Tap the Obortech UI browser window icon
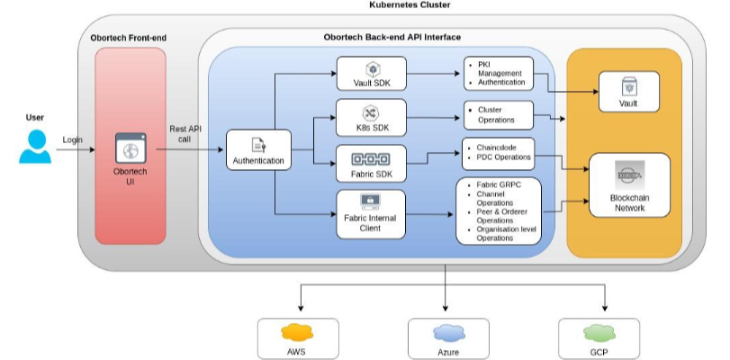(131, 148)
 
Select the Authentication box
(258, 149)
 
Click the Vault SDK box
(372, 74)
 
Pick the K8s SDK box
(371, 117)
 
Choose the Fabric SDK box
(371, 163)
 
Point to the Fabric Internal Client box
(371, 214)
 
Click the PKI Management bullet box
(499, 73)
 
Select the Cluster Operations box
(499, 115)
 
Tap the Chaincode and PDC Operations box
(499, 153)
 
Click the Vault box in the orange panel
(629, 92)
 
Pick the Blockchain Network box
(629, 184)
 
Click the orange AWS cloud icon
(297, 332)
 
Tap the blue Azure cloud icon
(449, 333)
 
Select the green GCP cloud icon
(599, 333)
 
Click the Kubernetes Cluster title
(410, 5)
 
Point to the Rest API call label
(185, 134)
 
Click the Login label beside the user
(73, 139)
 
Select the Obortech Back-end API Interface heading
(392, 37)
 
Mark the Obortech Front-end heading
(129, 38)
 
